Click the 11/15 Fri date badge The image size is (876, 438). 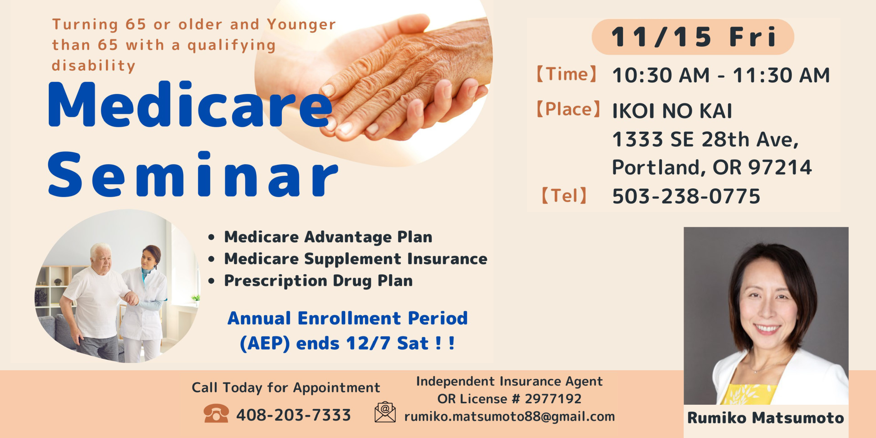coord(693,37)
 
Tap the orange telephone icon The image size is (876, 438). coord(216,413)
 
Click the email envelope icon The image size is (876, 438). coord(385,412)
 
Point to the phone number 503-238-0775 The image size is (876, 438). coord(686,196)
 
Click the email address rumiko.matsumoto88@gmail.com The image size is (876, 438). coord(510,416)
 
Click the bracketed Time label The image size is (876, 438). coord(566,74)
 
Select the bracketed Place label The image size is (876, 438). coord(568,109)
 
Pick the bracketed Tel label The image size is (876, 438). coord(564,196)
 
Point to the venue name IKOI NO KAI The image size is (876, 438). coord(672,111)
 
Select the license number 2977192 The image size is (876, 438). coord(553,399)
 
